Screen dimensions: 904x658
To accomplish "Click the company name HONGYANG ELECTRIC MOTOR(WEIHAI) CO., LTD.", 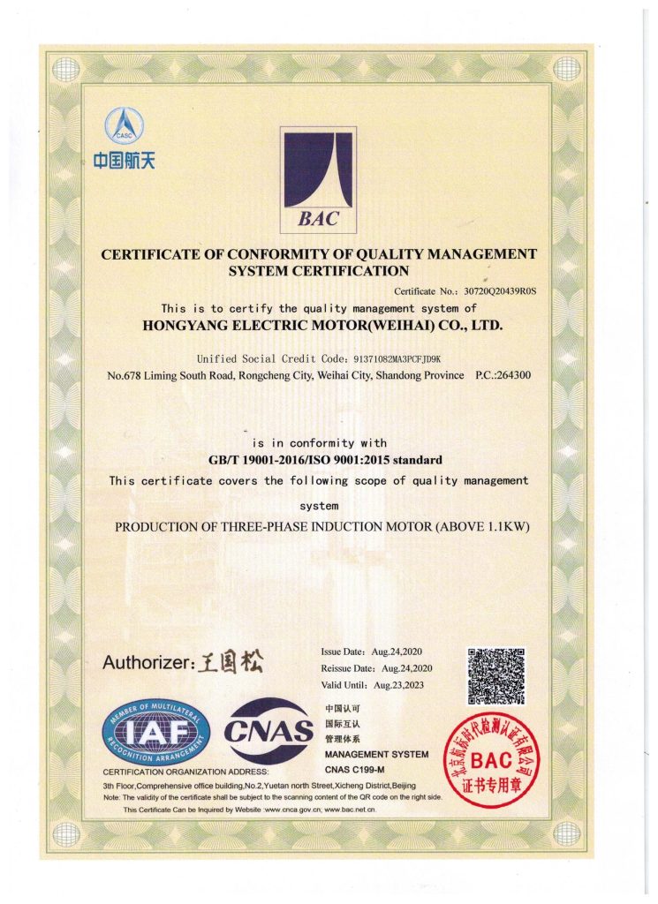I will pos(322,325).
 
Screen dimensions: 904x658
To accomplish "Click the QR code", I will pos(495,677).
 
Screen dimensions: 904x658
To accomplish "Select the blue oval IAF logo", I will pos(156,733).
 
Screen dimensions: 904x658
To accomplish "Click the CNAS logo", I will pos(268,730).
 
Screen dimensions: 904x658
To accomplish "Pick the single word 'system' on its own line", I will pos(318,506).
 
